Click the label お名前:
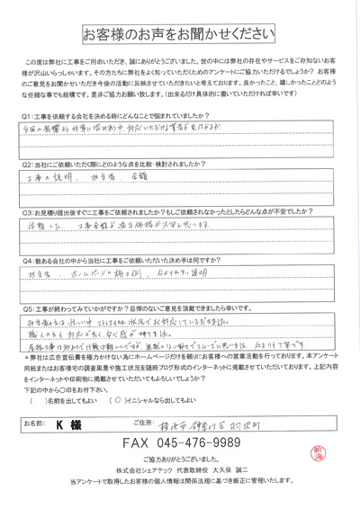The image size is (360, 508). [x=33, y=447]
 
